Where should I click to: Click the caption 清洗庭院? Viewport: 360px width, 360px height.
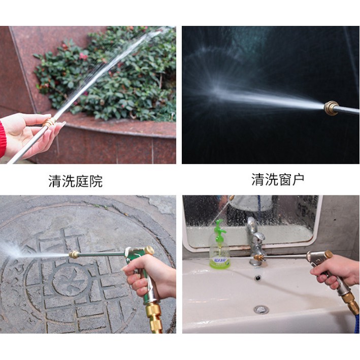pyautogui.click(x=75, y=181)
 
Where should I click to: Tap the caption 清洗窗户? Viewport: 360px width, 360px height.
pyautogui.click(x=278, y=179)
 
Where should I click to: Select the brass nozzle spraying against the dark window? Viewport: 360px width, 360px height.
pyautogui.click(x=332, y=108)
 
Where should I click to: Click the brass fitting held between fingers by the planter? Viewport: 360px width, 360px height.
pyautogui.click(x=49, y=122)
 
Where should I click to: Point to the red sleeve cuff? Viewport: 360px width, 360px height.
pyautogui.click(x=3, y=139)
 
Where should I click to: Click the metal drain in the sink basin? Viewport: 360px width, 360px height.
pyautogui.click(x=261, y=309)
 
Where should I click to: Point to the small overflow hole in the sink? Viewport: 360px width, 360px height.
pyautogui.click(x=258, y=278)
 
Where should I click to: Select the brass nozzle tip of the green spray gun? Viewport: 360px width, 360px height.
pyautogui.click(x=74, y=254)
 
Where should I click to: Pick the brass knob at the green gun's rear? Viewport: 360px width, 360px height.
pyautogui.click(x=149, y=250)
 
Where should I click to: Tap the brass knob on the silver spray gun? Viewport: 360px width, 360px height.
pyautogui.click(x=328, y=254)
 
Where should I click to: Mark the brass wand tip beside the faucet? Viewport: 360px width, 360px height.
pyautogui.click(x=259, y=257)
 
